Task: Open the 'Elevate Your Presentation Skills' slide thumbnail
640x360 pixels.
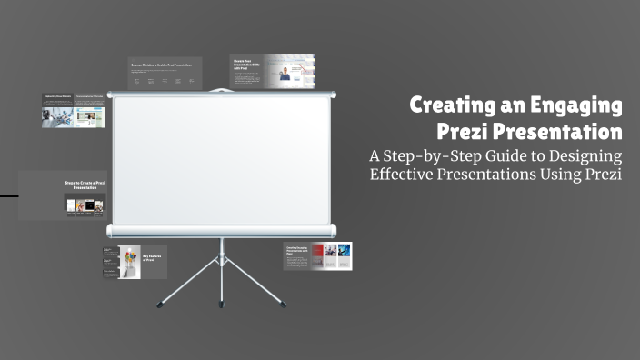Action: pos(271,72)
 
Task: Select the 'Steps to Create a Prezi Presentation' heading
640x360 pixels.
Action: pos(85,185)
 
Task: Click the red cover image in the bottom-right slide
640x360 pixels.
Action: pos(318,255)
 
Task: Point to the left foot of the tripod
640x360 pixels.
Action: pos(161,303)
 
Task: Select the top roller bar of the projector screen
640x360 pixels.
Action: pos(222,94)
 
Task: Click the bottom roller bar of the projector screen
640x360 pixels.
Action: pos(222,230)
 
